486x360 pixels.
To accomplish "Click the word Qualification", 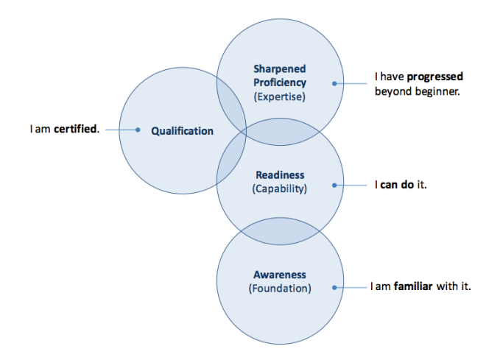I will pos(182,131).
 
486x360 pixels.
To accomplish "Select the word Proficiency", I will pos(279,82).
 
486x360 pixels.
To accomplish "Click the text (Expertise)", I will pos(279,96).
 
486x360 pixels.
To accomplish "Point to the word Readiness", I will pos(279,175).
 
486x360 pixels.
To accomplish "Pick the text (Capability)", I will pos(279,188).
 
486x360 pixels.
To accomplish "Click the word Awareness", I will pos(279,275).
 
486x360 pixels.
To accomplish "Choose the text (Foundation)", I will pos(279,288).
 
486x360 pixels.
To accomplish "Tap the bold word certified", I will pos(76,130).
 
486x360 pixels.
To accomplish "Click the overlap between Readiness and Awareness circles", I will pos(279,230).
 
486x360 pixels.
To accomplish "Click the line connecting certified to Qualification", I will pos(120,130).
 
